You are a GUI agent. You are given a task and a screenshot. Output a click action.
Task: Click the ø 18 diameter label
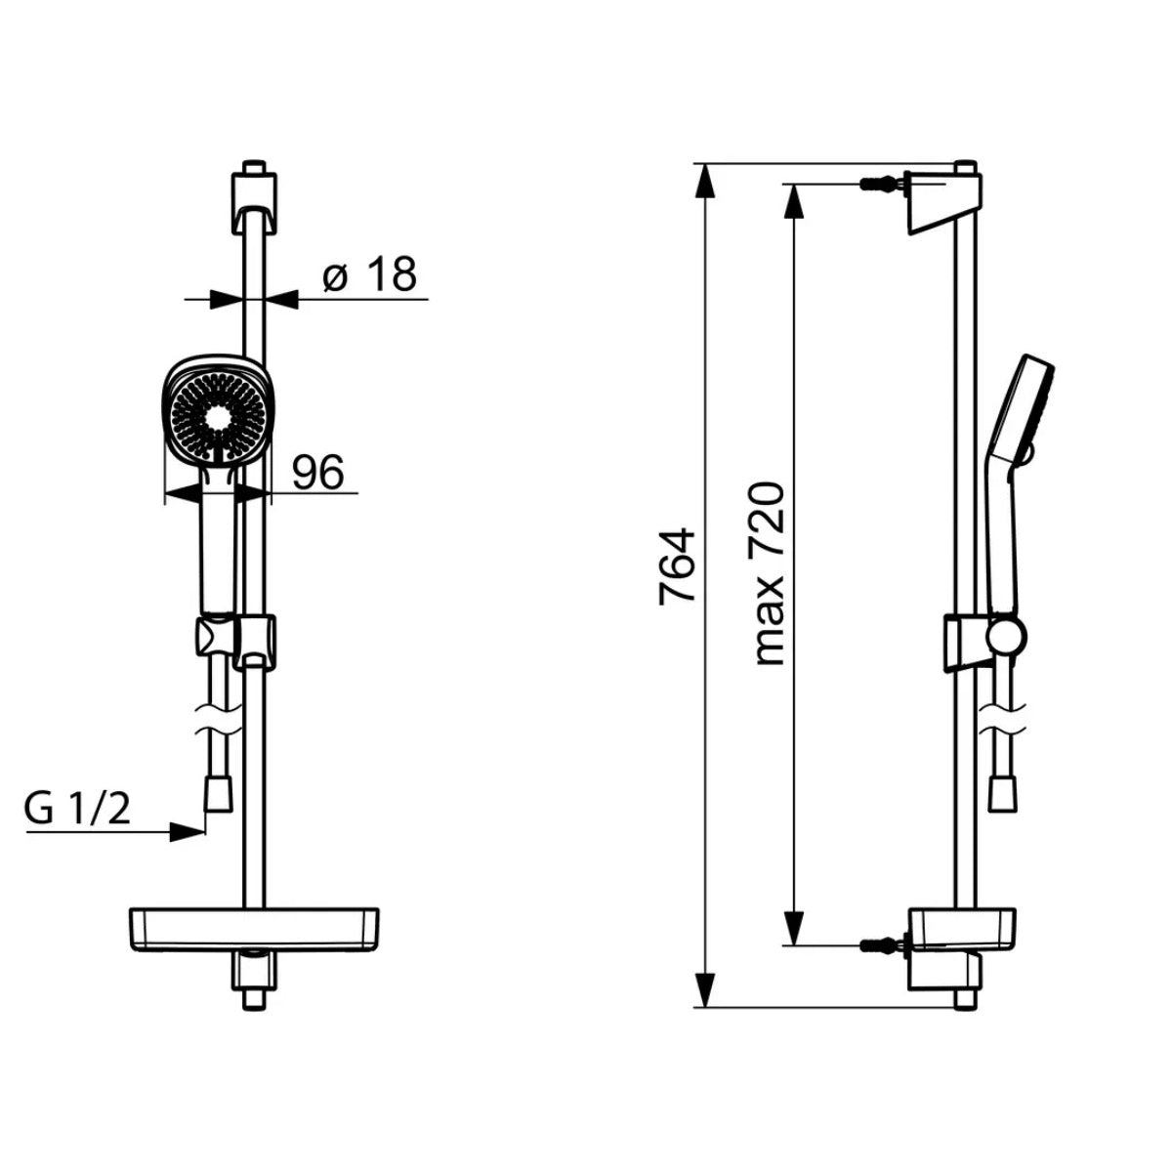[369, 276]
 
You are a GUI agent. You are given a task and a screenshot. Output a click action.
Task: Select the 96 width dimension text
[318, 473]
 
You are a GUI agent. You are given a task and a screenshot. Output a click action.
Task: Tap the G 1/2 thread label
[78, 811]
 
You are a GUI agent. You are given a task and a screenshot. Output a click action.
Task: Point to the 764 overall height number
[677, 566]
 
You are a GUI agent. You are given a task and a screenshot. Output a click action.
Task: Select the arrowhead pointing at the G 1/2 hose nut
[187, 832]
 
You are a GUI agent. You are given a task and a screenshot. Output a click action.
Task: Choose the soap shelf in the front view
[254, 929]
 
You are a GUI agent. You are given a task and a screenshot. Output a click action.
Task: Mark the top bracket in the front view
[254, 202]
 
